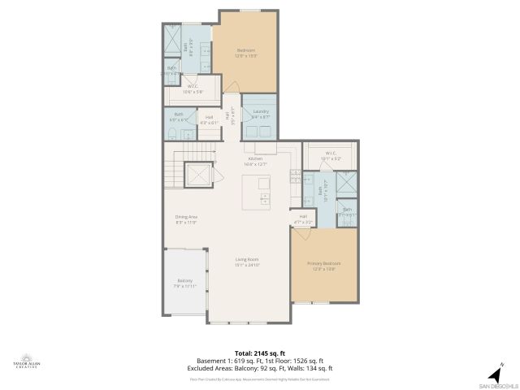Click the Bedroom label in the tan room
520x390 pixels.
coord(246,53)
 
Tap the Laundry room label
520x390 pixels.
coord(260,113)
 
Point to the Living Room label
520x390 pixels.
coord(247,262)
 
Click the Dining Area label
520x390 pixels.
coord(187,219)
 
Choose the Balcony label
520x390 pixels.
coord(185,283)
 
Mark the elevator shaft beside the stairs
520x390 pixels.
coord(197,175)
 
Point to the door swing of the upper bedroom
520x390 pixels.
coord(232,84)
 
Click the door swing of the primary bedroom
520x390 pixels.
coord(301,234)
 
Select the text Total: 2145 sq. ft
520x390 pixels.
coord(260,353)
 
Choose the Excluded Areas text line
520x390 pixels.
coord(260,368)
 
